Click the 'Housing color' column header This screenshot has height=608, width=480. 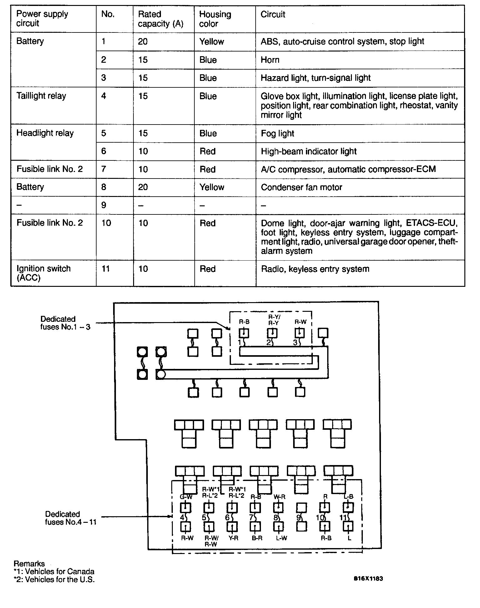click(215, 19)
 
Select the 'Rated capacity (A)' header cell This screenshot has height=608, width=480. click(160, 19)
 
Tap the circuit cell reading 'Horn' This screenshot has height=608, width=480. click(270, 60)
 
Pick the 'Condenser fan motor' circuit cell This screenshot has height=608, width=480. click(301, 187)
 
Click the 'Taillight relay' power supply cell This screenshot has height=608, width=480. click(41, 96)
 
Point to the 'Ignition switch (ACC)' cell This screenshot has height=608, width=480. click(43, 273)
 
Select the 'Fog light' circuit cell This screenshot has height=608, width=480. click(277, 134)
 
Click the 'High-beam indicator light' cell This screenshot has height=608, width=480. click(309, 151)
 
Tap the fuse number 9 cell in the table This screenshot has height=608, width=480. click(104, 205)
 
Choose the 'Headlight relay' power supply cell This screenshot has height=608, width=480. click(45, 133)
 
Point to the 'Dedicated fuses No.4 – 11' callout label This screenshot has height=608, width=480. click(70, 518)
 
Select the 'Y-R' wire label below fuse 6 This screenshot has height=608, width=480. click(233, 538)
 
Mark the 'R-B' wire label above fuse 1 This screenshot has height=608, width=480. click(244, 321)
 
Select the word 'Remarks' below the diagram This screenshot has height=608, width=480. click(29, 564)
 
